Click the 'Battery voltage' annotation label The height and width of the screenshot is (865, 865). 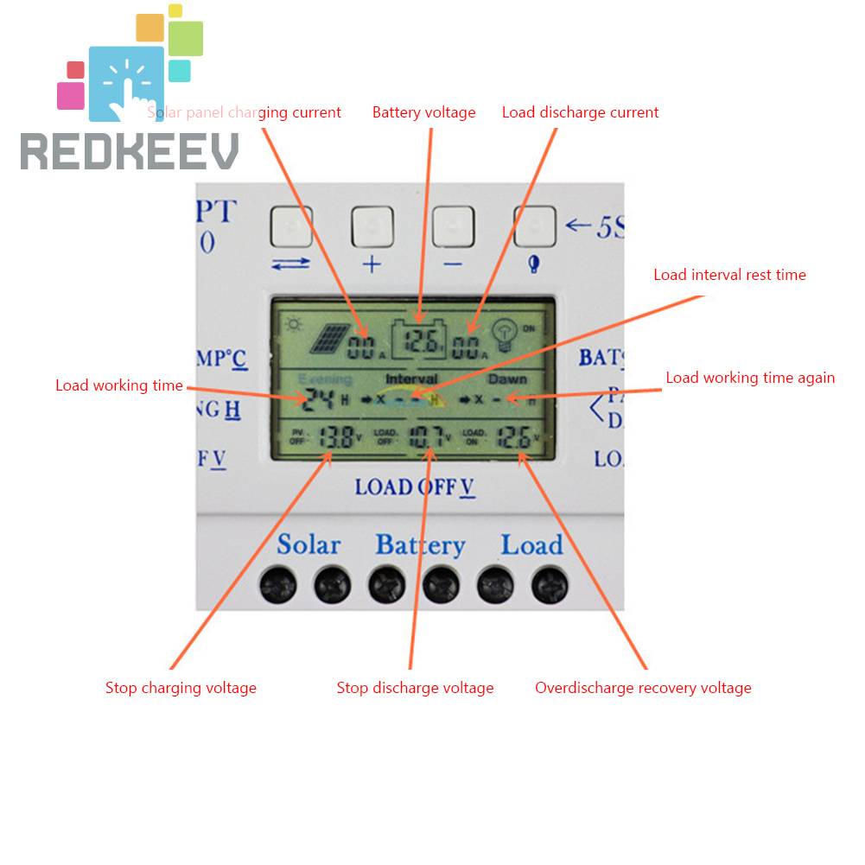coord(423,112)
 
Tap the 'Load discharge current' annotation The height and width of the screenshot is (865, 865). coord(580,112)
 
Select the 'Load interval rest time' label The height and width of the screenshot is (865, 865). coord(729,275)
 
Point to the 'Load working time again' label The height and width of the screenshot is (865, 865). coord(750,378)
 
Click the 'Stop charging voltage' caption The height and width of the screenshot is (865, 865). coord(181,688)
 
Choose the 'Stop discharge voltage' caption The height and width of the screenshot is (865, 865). coord(415,688)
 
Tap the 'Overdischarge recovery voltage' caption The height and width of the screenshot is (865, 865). coord(643,688)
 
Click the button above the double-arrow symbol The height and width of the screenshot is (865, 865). coord(291,227)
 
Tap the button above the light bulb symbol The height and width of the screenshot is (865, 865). coord(535,227)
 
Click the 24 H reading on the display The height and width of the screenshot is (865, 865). coord(321,399)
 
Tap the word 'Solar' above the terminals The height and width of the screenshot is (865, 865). coord(308,545)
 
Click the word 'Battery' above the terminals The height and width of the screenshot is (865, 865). coord(420,546)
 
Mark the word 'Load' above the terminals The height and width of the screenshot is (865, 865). coord(531,545)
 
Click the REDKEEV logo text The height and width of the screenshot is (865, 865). coord(130,152)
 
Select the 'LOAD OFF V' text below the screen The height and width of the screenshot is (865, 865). coord(415,487)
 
